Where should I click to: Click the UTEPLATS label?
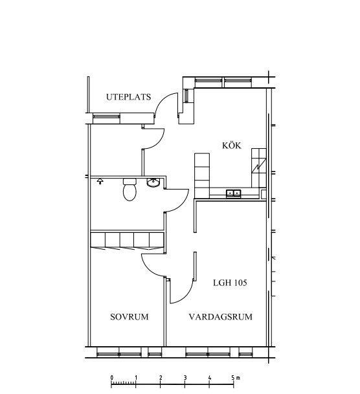tap(128, 97)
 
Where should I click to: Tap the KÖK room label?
tap(232, 145)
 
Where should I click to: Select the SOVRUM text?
tap(129, 316)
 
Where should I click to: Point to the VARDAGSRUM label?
tap(221, 316)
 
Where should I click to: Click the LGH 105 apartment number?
tap(230, 283)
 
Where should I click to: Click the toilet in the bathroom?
tap(129, 190)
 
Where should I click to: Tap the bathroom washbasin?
tap(153, 182)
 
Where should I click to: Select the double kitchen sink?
tap(234, 193)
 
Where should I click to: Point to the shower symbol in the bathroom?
tap(100, 181)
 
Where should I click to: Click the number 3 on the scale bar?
tap(185, 378)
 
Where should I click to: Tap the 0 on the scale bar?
tap(111, 378)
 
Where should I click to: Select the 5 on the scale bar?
tap(233, 378)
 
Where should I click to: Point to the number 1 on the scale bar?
tap(136, 378)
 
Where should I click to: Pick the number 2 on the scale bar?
tap(161, 378)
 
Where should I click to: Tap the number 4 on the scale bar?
tap(209, 378)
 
